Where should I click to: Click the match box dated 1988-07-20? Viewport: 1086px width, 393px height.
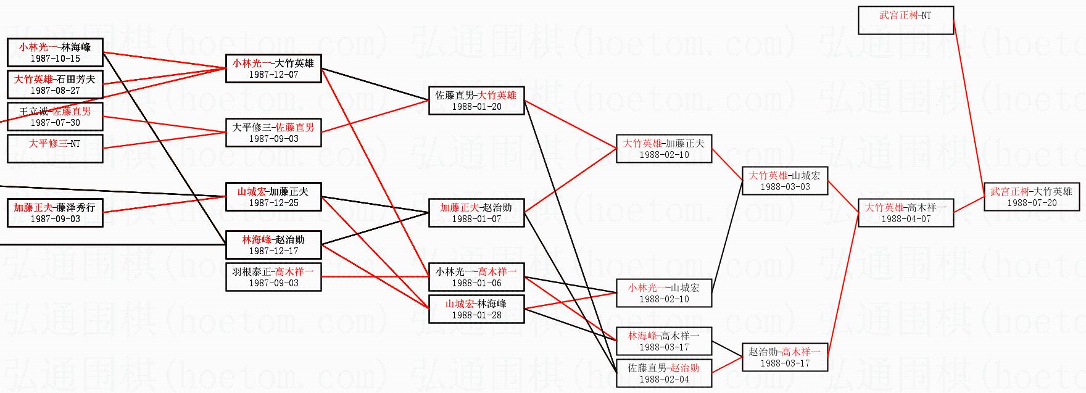coord(1031,197)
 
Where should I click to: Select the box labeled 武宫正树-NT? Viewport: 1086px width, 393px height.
coord(905,20)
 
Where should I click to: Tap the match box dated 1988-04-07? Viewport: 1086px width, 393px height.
coord(905,213)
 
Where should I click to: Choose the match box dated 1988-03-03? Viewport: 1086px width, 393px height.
coord(785,181)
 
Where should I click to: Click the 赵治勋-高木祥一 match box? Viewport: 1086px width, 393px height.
coord(785,357)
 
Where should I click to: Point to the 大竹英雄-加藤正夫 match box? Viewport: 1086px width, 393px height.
coord(664,149)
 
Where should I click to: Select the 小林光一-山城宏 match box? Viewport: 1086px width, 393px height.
coord(664,293)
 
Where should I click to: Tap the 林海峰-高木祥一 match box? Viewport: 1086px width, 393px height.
coord(664,341)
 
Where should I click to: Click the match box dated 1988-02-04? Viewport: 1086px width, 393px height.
coord(664,373)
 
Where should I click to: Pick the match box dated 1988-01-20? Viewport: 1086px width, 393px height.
coord(476,101)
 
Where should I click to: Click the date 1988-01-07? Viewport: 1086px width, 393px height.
coord(476,219)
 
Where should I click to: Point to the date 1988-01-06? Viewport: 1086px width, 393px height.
coord(476,283)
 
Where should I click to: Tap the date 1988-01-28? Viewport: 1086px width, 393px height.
coord(476,315)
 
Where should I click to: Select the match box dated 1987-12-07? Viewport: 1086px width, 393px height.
coord(273,68)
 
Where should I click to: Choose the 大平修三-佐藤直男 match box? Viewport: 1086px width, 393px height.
coord(273,133)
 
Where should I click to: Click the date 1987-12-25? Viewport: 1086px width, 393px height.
coord(273,203)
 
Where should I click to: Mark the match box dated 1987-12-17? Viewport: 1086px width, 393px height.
coord(273,245)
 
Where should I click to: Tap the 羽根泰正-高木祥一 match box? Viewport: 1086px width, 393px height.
coord(273,277)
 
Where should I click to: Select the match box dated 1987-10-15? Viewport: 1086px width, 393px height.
coord(55,52)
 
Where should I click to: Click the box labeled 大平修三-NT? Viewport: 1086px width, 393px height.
coord(55,149)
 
